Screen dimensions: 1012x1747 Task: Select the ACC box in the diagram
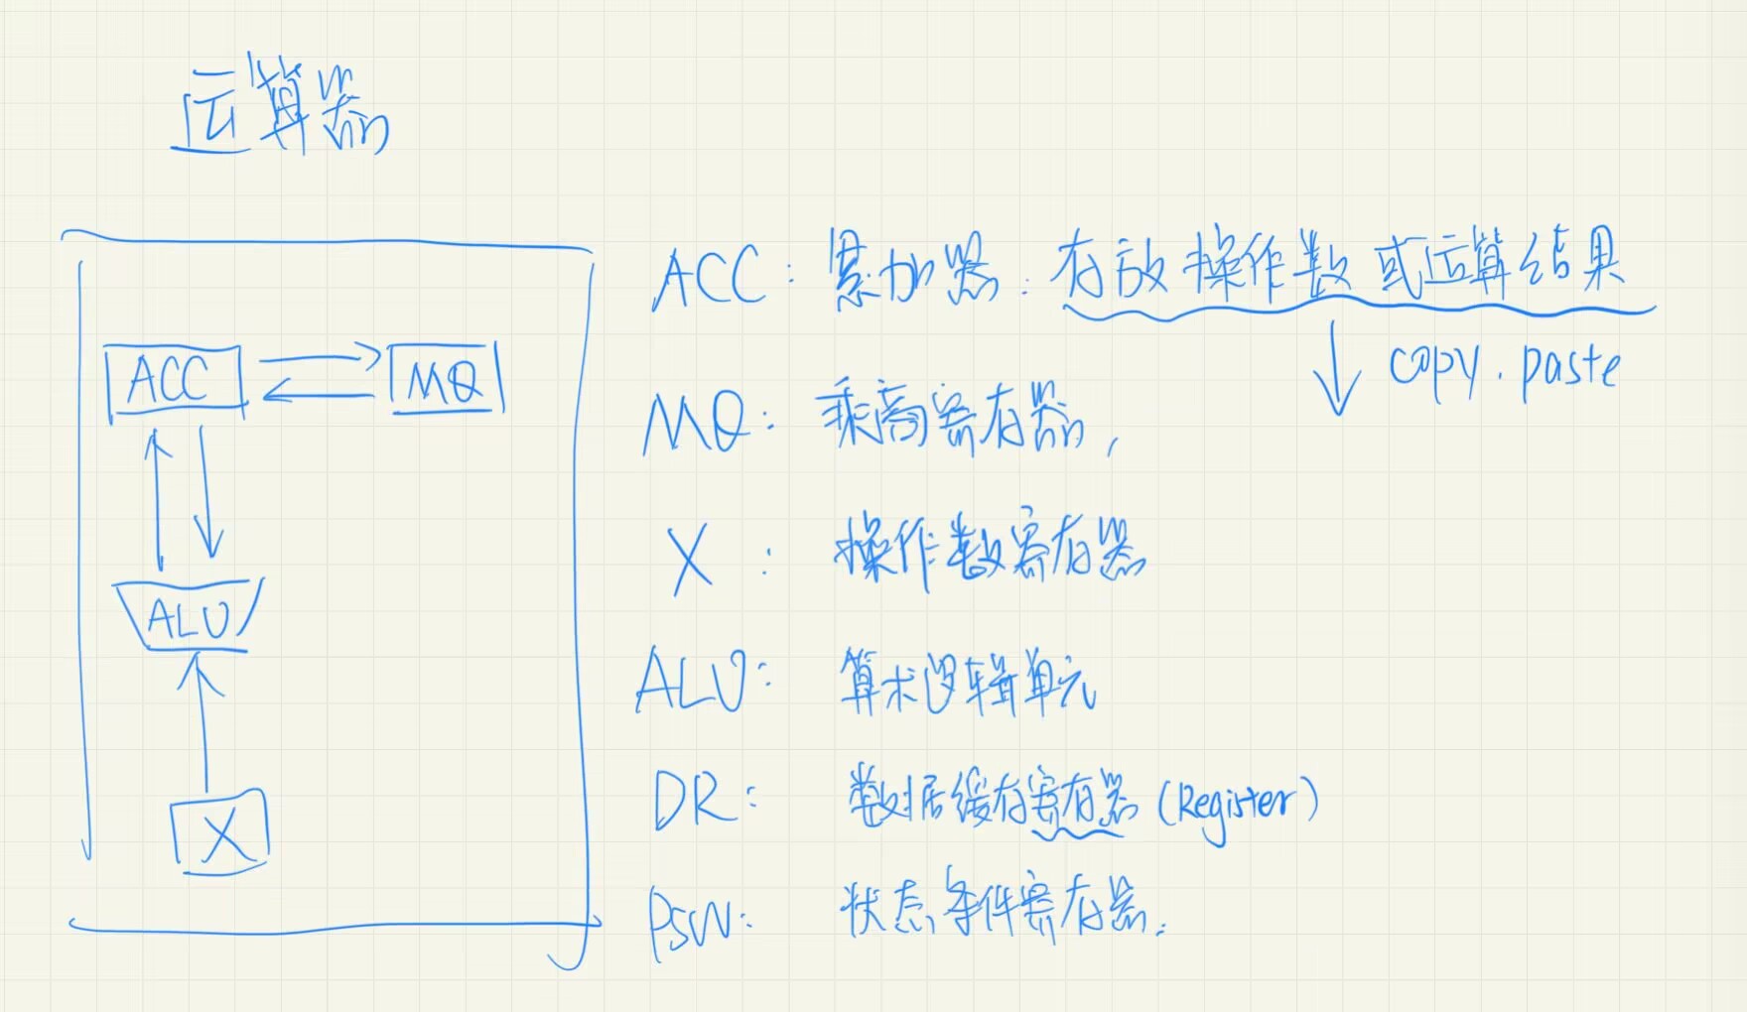point(174,379)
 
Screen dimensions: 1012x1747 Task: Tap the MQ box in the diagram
point(446,378)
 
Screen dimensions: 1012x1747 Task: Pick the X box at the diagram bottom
point(221,831)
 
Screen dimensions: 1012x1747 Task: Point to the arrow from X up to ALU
point(202,724)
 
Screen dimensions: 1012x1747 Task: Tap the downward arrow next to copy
point(1336,367)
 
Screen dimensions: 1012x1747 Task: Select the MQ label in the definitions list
point(695,424)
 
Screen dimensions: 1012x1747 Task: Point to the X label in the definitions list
point(691,558)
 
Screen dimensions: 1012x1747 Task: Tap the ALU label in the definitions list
point(691,680)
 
